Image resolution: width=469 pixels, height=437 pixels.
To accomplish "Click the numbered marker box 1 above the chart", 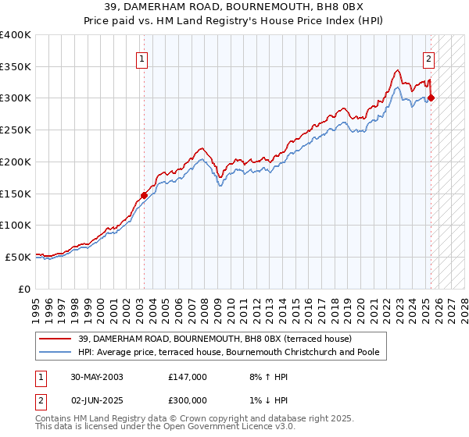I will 141,58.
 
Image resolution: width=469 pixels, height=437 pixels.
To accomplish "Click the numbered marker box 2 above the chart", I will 429,58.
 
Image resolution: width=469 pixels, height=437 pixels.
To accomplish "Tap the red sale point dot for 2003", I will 144,195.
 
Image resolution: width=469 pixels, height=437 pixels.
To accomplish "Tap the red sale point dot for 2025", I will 431,98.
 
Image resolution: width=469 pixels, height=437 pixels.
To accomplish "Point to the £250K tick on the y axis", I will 16,130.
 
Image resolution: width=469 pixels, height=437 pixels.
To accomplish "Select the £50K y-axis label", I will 18,257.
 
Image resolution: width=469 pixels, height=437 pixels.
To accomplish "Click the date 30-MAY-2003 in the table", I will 98,377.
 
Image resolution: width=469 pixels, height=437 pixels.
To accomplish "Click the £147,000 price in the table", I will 187,377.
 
